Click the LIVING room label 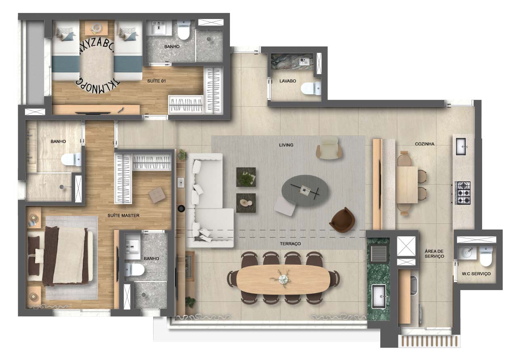click(286, 145)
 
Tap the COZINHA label click(424, 144)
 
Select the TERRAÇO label click(290, 244)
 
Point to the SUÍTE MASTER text click(123, 215)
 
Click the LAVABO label click(287, 81)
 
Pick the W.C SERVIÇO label click(476, 274)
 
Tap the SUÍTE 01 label click(156, 81)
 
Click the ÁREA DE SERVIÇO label click(434, 254)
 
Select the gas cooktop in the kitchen click(462, 193)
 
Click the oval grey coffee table click(305, 190)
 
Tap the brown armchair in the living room click(342, 220)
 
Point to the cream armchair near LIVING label click(329, 147)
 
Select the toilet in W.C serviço click(486, 257)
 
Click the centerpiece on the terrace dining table click(283, 279)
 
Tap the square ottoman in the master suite click(157, 195)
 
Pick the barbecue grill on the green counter click(379, 253)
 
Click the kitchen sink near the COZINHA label click(461, 147)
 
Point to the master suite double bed click(60, 256)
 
